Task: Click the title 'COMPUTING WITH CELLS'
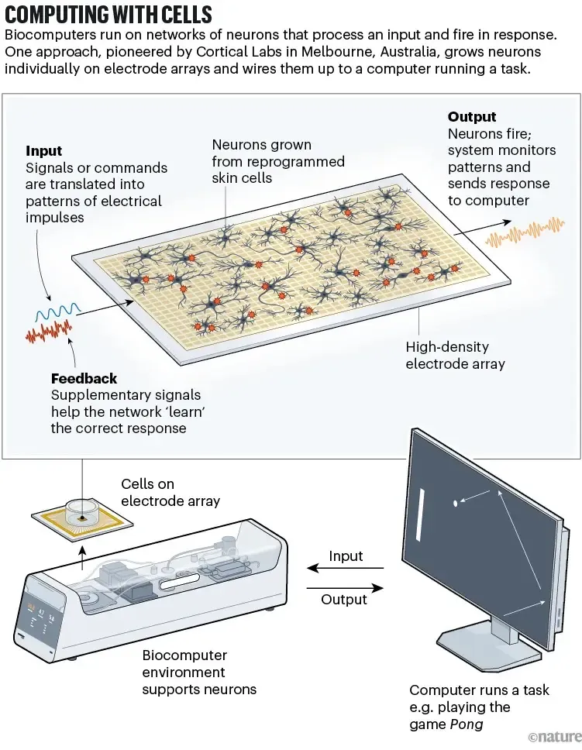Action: pyautogui.click(x=108, y=15)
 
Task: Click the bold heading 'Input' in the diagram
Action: pyautogui.click(x=43, y=151)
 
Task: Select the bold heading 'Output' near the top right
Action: pyautogui.click(x=471, y=117)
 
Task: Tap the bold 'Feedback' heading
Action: pyautogui.click(x=84, y=379)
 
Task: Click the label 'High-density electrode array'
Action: pyautogui.click(x=455, y=356)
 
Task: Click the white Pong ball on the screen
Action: pyautogui.click(x=455, y=504)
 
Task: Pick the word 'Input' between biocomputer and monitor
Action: pyautogui.click(x=346, y=556)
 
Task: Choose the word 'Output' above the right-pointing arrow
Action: pyautogui.click(x=345, y=600)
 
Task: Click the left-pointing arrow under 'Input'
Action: pyautogui.click(x=346, y=571)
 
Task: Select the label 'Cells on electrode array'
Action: pyautogui.click(x=170, y=493)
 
